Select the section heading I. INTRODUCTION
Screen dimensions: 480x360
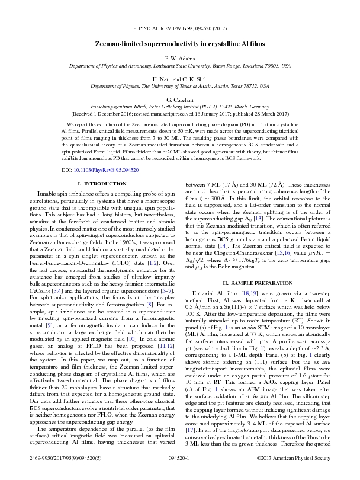[x=94, y=184]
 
